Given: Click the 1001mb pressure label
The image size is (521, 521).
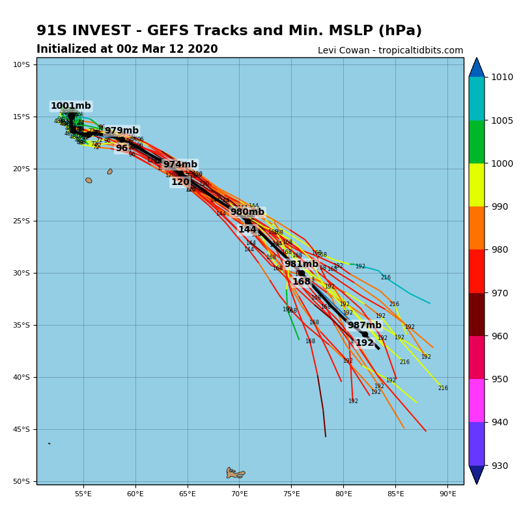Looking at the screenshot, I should (71, 106).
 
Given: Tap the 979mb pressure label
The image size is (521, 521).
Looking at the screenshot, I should (122, 131).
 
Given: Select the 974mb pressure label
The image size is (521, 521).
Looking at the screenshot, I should (180, 165).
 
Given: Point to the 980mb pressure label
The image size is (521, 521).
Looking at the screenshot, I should (247, 212).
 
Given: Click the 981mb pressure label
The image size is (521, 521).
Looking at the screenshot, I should (301, 264).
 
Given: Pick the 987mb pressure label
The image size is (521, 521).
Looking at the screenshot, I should (364, 326).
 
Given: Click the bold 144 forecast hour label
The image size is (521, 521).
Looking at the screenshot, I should (247, 230).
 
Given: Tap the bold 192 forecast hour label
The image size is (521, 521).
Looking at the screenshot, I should (364, 343).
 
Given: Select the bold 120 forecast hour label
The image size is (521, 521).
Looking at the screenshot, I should (180, 182).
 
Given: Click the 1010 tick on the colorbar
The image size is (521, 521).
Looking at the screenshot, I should (502, 77).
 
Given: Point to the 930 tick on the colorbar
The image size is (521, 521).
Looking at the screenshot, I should (502, 466).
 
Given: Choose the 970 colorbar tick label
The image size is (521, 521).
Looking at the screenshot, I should (502, 293).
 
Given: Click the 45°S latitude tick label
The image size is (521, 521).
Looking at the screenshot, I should (21, 429).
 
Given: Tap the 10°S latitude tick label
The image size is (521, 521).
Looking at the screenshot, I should (21, 64).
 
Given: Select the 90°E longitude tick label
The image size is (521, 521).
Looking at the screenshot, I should (447, 494).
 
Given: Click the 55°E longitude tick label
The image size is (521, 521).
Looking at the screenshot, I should (83, 494).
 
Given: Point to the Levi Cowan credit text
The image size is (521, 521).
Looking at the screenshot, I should (390, 51).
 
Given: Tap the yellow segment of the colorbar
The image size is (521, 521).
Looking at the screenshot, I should (477, 185).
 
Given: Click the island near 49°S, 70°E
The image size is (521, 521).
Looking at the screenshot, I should (235, 473).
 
